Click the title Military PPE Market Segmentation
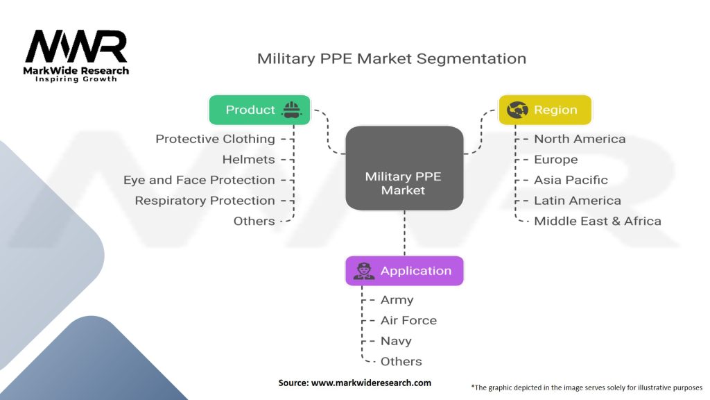392,58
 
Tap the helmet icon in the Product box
291,110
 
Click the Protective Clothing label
215,139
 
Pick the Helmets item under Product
248,160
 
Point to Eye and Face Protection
199,180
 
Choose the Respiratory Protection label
205,201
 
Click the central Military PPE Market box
404,168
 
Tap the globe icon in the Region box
517,110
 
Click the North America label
580,139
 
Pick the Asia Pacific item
571,180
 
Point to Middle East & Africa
597,222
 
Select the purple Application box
404,271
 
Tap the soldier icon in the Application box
363,271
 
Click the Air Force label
408,320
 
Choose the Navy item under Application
396,341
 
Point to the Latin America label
577,201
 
